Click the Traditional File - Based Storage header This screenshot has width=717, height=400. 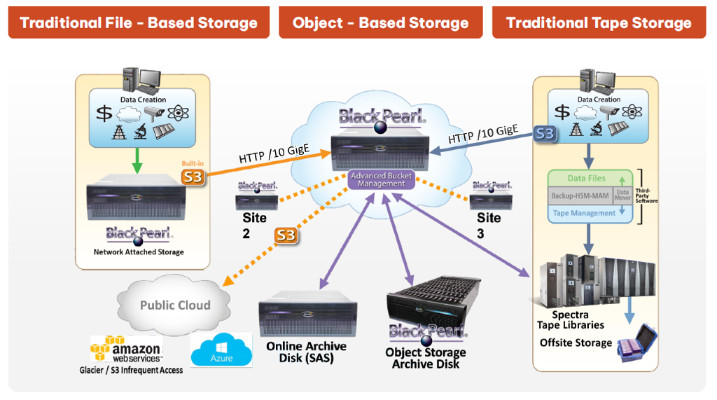coord(139,22)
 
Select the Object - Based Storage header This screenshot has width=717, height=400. coord(380,22)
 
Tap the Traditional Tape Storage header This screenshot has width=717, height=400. coord(599,22)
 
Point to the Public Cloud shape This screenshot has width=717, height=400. coord(174,305)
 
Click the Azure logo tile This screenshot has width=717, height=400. coord(221,350)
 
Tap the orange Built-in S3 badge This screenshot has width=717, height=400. coord(193,176)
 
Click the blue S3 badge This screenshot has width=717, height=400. coord(545,133)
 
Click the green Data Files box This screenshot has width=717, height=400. coord(587,179)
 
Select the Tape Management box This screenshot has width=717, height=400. coord(585,213)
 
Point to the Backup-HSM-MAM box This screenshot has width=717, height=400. coord(580,195)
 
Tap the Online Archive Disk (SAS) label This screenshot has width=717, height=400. coord(306,352)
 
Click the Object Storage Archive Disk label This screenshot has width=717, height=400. coord(426,358)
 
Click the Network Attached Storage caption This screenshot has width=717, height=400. coord(139,252)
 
